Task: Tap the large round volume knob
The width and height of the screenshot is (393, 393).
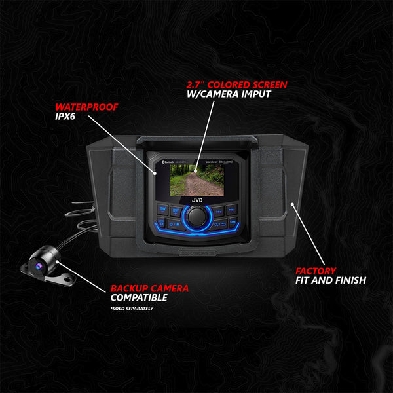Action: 196,216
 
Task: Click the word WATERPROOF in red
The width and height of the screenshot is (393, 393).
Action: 83,107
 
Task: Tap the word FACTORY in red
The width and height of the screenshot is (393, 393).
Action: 315,270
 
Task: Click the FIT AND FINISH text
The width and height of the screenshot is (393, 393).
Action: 329,280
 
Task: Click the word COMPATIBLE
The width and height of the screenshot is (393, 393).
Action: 139,298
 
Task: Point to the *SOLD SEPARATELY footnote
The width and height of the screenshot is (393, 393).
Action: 132,308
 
